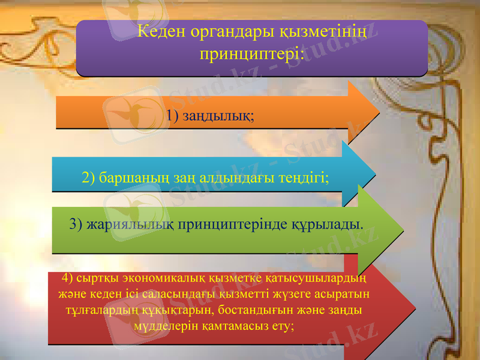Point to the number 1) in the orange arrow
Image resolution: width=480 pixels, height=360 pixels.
tap(174, 114)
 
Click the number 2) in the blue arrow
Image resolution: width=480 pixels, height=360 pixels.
tap(89, 178)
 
